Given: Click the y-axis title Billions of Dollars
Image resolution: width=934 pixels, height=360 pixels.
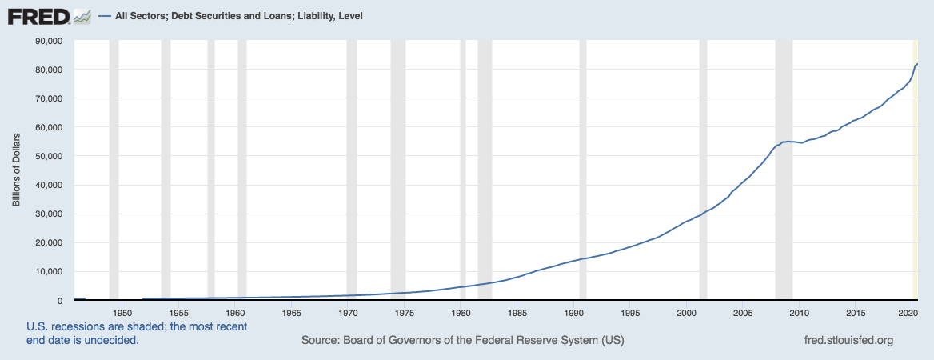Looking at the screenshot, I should pyautogui.click(x=16, y=170).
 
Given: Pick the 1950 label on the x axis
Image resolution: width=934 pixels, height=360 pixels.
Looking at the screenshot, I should pyautogui.click(x=122, y=313).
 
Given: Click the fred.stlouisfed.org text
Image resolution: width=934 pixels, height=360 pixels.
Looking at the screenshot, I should pyautogui.click(x=848, y=341).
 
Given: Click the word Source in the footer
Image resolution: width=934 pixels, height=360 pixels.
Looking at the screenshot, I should pyautogui.click(x=320, y=341).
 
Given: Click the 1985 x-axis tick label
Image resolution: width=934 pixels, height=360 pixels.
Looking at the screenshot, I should pyautogui.click(x=517, y=313).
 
